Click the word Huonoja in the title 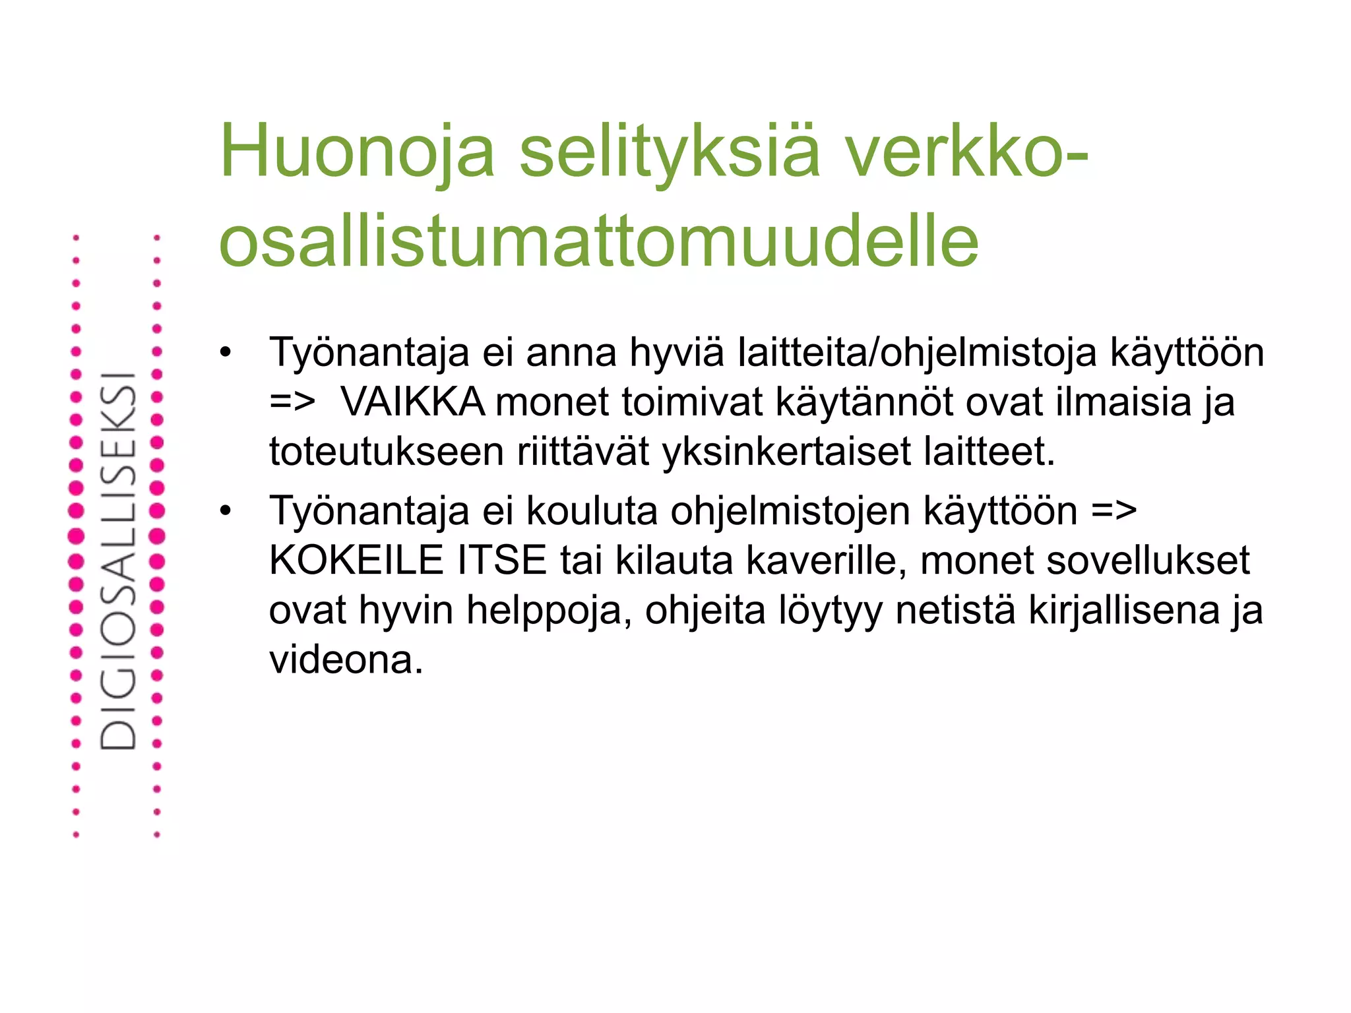tap(357, 152)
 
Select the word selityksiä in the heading tap(670, 152)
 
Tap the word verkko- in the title tap(967, 152)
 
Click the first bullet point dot tap(226, 353)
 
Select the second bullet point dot tap(226, 511)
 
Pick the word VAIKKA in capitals tap(413, 402)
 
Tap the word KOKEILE tap(356, 561)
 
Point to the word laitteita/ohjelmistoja tap(918, 353)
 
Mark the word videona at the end tap(345, 660)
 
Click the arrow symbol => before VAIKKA tap(292, 402)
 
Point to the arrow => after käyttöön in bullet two tap(1114, 511)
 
